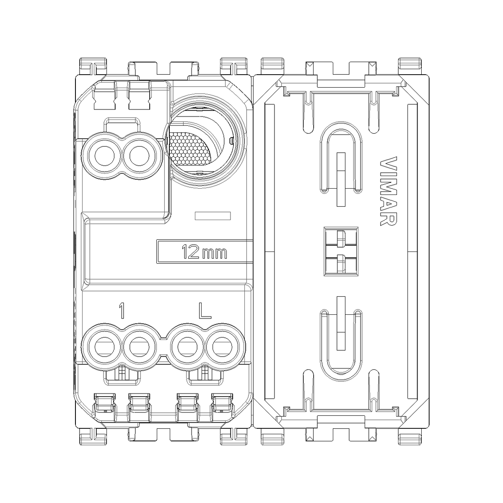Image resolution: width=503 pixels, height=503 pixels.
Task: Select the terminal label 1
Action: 122,311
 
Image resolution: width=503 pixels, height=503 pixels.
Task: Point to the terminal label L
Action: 205,311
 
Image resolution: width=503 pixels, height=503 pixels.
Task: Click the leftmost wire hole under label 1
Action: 104,347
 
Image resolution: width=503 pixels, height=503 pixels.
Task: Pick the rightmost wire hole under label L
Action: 222,347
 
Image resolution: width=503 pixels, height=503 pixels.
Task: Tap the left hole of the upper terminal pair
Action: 104,156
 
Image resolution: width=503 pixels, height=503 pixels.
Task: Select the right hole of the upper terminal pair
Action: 140,156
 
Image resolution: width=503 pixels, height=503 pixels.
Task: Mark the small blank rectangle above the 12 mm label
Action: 213,216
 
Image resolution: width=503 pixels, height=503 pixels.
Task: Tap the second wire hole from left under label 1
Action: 140,347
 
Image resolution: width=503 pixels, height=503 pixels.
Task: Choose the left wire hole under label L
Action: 187,347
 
